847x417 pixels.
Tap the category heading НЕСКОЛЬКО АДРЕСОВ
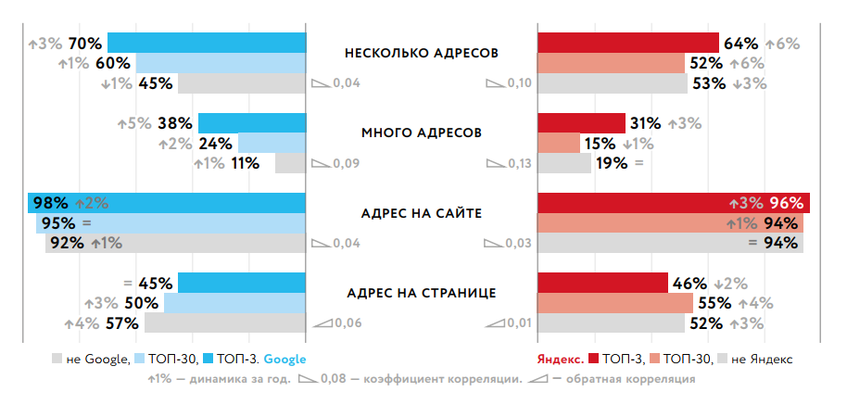pyautogui.click(x=421, y=53)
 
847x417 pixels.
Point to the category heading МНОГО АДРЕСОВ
pyautogui.click(x=421, y=133)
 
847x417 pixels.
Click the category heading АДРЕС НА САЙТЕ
pyautogui.click(x=421, y=213)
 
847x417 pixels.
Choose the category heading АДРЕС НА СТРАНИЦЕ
pyautogui.click(x=421, y=293)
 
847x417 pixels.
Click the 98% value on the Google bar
pyautogui.click(x=50, y=203)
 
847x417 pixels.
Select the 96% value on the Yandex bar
pyautogui.click(x=785, y=203)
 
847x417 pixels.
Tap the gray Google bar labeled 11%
pyautogui.click(x=290, y=163)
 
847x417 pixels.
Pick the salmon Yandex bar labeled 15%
pyautogui.click(x=558, y=144)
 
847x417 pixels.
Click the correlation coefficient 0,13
pyautogui.click(x=519, y=164)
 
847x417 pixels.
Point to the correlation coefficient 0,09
pyautogui.click(x=347, y=164)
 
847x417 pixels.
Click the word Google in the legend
pyautogui.click(x=284, y=359)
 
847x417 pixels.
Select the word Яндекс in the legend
pyautogui.click(x=559, y=359)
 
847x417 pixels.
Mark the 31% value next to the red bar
pyautogui.click(x=645, y=123)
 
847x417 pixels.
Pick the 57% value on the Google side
pyautogui.click(x=122, y=323)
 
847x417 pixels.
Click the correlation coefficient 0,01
pyautogui.click(x=519, y=323)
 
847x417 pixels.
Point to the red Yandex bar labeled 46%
pyautogui.click(x=602, y=283)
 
